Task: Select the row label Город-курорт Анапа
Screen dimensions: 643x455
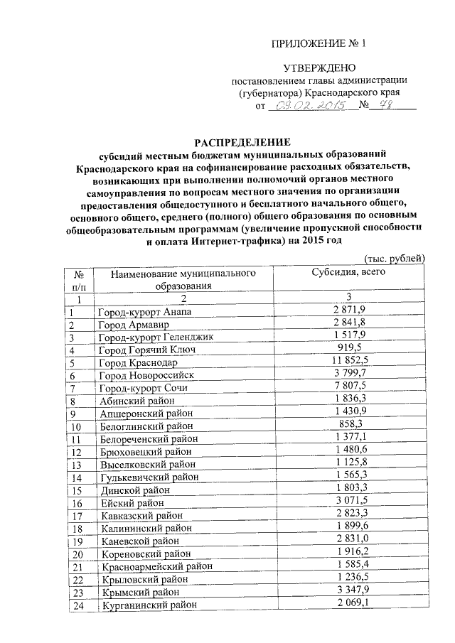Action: (144, 312)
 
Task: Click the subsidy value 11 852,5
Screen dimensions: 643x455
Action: (348, 362)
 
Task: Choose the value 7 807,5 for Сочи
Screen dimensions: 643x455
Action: (348, 387)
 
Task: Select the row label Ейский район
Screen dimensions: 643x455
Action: (129, 502)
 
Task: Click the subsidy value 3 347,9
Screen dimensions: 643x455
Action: (348, 591)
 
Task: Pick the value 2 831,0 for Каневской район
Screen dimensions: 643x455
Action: (348, 540)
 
